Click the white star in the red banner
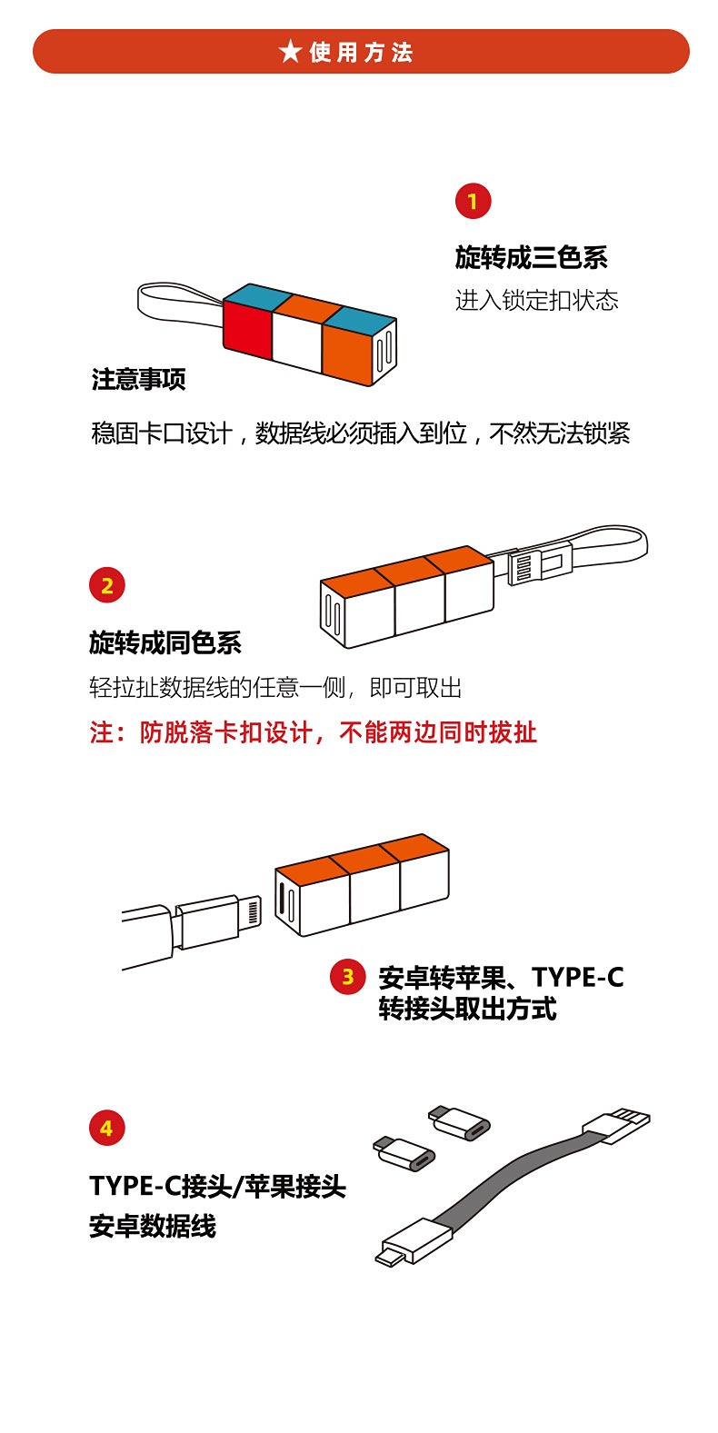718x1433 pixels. (290, 51)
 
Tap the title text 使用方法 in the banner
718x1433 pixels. (362, 52)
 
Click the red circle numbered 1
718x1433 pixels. (473, 202)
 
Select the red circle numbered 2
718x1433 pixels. (107, 585)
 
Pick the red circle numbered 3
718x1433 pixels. (347, 977)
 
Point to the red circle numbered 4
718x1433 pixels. (107, 1128)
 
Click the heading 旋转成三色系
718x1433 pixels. (531, 257)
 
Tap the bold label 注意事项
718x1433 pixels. (138, 379)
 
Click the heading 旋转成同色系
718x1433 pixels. (165, 643)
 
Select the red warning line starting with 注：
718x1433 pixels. (313, 732)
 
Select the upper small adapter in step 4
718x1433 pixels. (459, 1121)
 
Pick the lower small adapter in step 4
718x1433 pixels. (404, 1153)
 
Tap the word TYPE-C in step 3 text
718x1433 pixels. (577, 977)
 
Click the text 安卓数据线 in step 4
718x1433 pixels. (153, 1226)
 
